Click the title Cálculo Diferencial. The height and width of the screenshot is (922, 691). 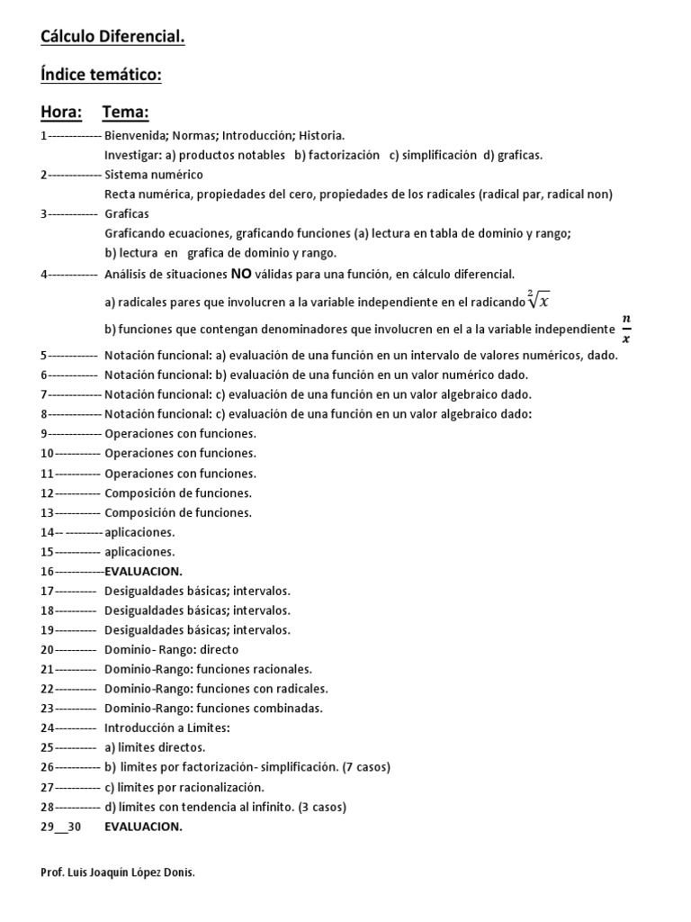pyautogui.click(x=112, y=37)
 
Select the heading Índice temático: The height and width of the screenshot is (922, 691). pyautogui.click(x=101, y=76)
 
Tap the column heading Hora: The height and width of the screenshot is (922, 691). pyautogui.click(x=61, y=113)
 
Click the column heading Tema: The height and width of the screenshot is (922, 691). pyautogui.click(x=125, y=113)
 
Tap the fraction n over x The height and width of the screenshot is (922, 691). pyautogui.click(x=627, y=329)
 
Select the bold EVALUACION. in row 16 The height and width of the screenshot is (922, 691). pyautogui.click(x=144, y=571)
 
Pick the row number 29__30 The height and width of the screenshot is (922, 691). pyautogui.click(x=61, y=827)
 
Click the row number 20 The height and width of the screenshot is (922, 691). pyautogui.click(x=48, y=649)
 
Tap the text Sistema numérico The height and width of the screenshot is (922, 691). pyautogui.click(x=154, y=175)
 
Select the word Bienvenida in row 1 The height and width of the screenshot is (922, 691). pyautogui.click(x=135, y=135)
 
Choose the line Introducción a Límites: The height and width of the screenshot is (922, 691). pyautogui.click(x=168, y=728)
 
